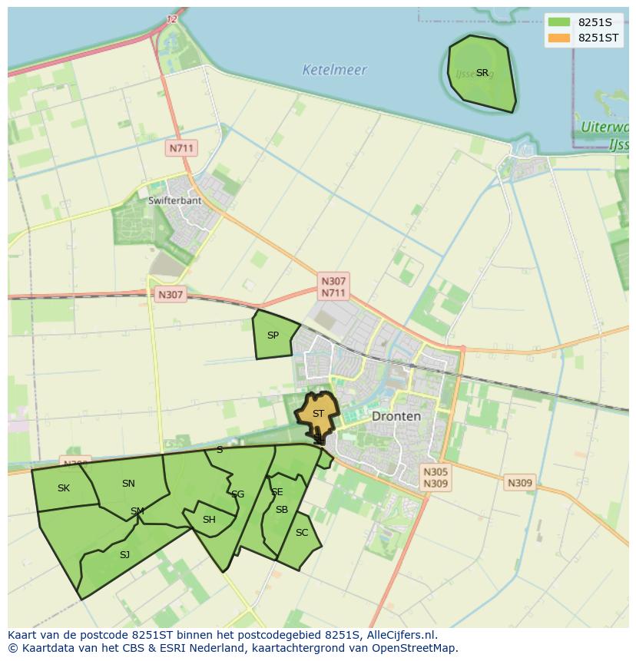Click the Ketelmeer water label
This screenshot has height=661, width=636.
click(334, 70)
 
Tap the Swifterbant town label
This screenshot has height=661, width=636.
click(174, 200)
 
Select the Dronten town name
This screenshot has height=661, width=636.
click(396, 416)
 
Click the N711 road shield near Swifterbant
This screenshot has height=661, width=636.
click(182, 147)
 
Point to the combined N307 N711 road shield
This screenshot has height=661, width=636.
click(333, 287)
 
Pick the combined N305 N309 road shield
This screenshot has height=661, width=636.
click(435, 478)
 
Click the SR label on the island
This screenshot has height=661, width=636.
click(482, 73)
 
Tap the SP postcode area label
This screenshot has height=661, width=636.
click(273, 335)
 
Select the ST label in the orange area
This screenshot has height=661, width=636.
click(318, 413)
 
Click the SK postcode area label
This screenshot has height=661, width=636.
click(64, 488)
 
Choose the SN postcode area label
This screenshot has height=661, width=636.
click(128, 484)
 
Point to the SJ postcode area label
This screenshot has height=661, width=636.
click(124, 554)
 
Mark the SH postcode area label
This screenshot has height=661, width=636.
click(209, 520)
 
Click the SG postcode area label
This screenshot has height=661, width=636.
click(237, 494)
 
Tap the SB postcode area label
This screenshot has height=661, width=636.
click(281, 510)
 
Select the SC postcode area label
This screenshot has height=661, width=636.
click(302, 533)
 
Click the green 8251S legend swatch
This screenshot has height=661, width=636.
click(559, 22)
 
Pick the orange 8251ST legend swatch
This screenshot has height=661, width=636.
click(559, 38)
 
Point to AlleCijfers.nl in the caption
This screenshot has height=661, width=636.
click(399, 635)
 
